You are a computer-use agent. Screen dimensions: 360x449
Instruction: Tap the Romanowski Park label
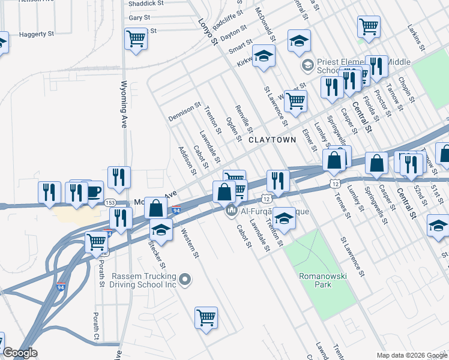(315, 280)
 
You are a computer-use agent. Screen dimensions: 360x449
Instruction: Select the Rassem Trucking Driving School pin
(185, 280)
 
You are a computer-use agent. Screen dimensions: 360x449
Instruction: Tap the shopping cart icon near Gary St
(136, 39)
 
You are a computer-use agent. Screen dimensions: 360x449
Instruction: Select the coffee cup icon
(93, 191)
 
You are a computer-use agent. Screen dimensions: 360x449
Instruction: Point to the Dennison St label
(184, 110)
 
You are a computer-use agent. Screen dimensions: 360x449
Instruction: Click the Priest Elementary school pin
(307, 65)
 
